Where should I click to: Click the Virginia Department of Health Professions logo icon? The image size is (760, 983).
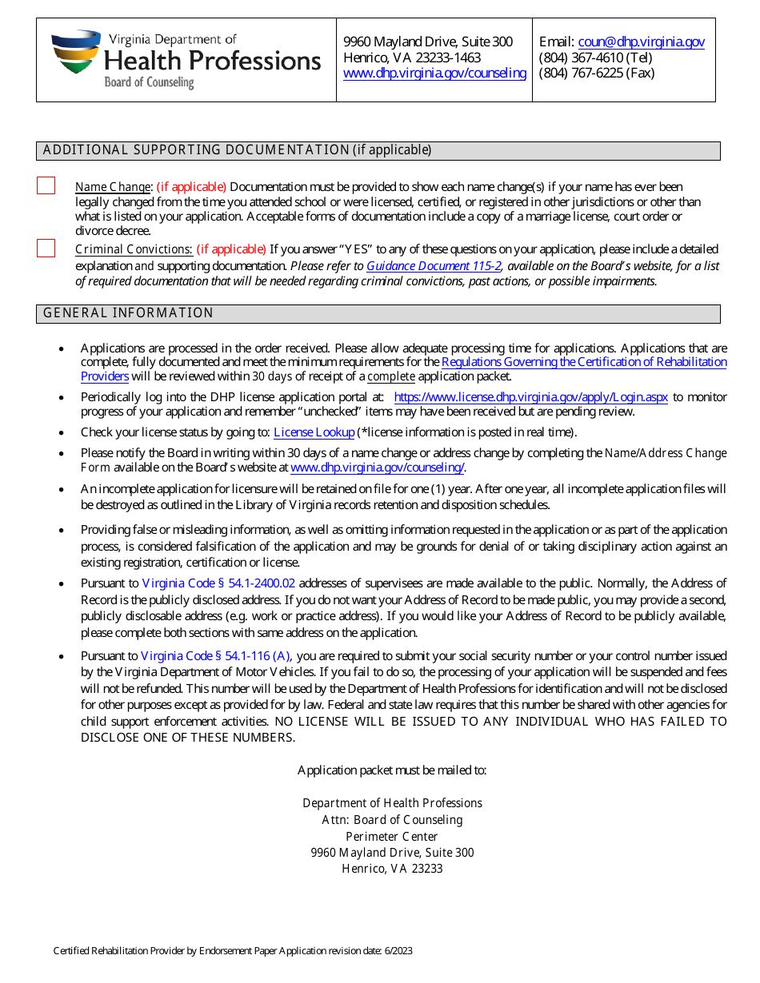pos(75,52)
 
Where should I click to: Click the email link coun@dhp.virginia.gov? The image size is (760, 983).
pos(641,42)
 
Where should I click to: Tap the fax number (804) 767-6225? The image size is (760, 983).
pos(597,73)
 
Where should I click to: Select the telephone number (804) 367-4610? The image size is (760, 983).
pos(595,58)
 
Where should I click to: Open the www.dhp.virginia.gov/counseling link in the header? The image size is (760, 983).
pos(434,73)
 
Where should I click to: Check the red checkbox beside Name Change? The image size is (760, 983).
pos(46,186)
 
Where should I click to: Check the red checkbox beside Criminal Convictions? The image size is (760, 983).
pos(46,249)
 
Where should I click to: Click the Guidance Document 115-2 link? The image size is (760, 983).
pos(434,265)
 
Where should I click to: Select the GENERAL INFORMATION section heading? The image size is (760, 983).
pos(129,313)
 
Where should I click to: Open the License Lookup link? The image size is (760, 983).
pos(314,432)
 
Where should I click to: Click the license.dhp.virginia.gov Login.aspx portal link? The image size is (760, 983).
pos(530,396)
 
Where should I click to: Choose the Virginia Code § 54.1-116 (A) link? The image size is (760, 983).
pos(215,656)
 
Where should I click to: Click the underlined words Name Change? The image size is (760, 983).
pos(113,187)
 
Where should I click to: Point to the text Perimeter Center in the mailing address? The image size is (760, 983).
pos(392,836)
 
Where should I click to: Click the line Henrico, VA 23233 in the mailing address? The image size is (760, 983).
pos(392,869)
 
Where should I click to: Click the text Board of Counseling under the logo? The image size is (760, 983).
pos(149,82)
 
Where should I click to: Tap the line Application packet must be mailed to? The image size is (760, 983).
pos(392,770)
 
